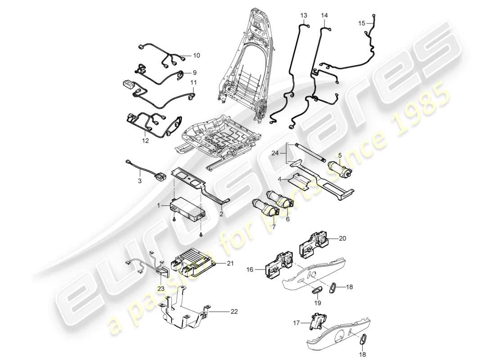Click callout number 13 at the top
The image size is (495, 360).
[303, 15]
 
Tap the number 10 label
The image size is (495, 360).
[196, 55]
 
